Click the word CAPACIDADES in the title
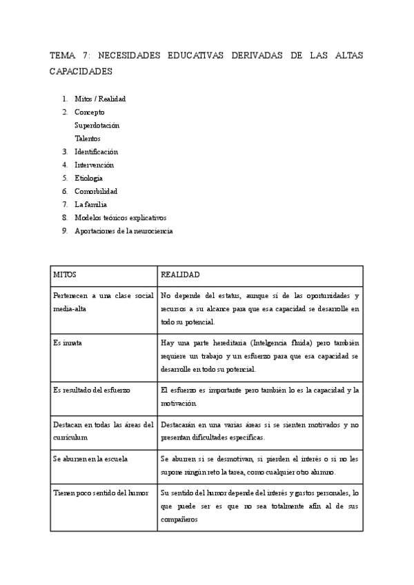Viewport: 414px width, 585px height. click(x=80, y=71)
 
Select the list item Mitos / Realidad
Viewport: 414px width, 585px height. click(x=100, y=99)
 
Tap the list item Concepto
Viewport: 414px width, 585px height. click(x=90, y=112)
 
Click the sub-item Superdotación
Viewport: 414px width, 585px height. click(x=97, y=125)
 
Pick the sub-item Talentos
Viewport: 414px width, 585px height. click(x=88, y=138)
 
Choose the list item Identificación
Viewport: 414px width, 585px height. click(x=97, y=151)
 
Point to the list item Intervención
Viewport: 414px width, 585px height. click(x=95, y=165)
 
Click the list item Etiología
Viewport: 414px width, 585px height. click(x=88, y=178)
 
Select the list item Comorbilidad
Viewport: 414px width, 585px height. click(x=96, y=191)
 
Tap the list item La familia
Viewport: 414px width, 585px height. click(x=90, y=204)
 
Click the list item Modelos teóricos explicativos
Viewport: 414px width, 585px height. click(x=121, y=217)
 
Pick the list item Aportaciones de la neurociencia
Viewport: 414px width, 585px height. click(x=124, y=231)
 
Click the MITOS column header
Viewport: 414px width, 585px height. click(x=65, y=275)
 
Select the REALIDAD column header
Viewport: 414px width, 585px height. click(x=180, y=275)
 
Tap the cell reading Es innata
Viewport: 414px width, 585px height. click(x=68, y=343)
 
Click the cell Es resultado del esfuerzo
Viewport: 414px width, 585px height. click(x=92, y=390)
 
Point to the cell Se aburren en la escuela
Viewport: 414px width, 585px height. click(x=90, y=458)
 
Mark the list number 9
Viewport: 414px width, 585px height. click(x=64, y=231)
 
